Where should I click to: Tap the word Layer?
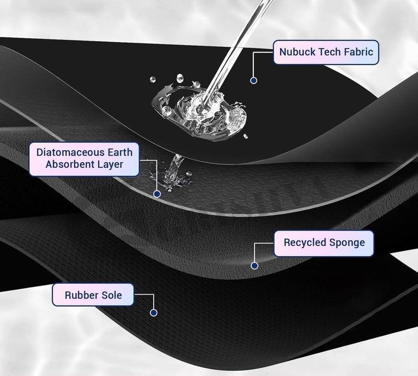pyautogui.click(x=110, y=165)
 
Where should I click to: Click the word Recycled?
pyautogui.click(x=305, y=242)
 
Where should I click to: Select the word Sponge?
pyautogui.click(x=347, y=243)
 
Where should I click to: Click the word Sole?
pyautogui.click(x=111, y=295)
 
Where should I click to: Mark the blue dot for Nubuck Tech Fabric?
pyautogui.click(x=253, y=80)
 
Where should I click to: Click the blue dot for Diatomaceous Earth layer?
pyautogui.click(x=157, y=193)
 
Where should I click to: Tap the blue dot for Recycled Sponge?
pyautogui.click(x=254, y=265)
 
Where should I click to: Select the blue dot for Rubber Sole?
pyautogui.click(x=153, y=313)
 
